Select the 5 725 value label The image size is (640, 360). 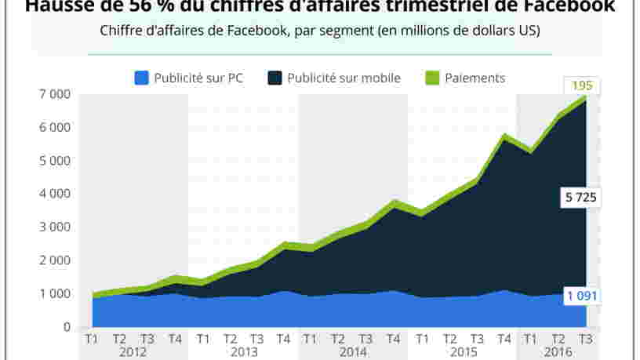coord(580,198)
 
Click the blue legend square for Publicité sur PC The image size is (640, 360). coord(142,78)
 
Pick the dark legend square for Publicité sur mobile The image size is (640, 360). coord(275,78)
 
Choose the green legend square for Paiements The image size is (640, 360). coord(432,78)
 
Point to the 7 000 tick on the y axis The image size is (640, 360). coord(56,95)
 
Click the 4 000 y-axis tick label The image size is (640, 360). coord(56,194)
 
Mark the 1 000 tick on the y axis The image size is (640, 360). coord(56,293)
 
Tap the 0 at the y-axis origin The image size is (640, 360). coord(67,327)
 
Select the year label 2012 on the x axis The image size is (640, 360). coord(133,352)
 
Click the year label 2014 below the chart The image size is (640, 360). coord(352,352)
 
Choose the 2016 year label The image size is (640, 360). coord(558,352)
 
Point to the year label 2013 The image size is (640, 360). coord(243,352)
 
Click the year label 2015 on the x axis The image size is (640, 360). coord(462,352)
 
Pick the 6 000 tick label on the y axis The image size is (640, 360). coord(56,128)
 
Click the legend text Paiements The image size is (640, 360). coord(475,78)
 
